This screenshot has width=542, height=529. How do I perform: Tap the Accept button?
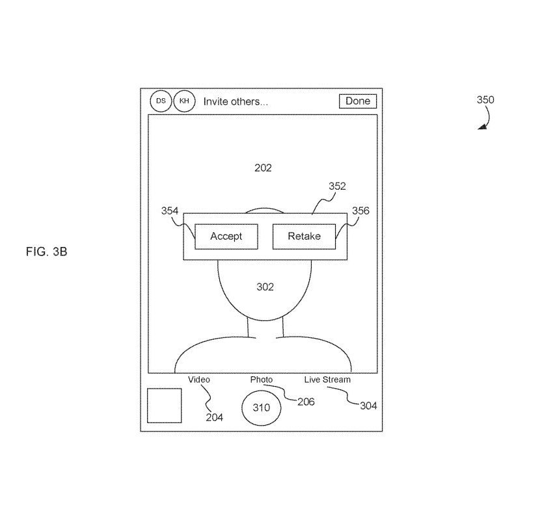coord(226,237)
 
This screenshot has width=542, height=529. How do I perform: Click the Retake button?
coord(304,237)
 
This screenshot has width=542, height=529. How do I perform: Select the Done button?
coord(357,101)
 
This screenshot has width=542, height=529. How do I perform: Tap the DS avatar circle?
coord(161,101)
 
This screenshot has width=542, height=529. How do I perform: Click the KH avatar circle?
coord(184,101)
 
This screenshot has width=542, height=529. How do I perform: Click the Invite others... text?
coord(236,101)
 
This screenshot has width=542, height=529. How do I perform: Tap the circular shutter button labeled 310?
coord(261,407)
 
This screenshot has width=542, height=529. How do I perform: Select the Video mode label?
coord(199,380)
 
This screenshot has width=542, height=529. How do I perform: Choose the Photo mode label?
coord(262,380)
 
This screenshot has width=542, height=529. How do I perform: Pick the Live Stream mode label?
coord(327,380)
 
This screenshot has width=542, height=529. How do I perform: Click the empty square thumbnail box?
coord(164,406)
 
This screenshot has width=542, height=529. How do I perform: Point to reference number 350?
coord(485,100)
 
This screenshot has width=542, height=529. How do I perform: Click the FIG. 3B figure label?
coord(46,252)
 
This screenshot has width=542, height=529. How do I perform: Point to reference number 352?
coord(337,187)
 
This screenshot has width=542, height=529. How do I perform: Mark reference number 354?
coord(170,211)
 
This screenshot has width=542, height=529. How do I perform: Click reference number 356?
coord(360,211)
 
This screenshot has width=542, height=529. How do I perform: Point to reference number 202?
coord(263,168)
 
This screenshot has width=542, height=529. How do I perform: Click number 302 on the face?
coord(265,287)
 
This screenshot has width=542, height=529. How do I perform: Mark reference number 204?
coord(214,417)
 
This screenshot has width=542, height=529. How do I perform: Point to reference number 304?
coord(368,406)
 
